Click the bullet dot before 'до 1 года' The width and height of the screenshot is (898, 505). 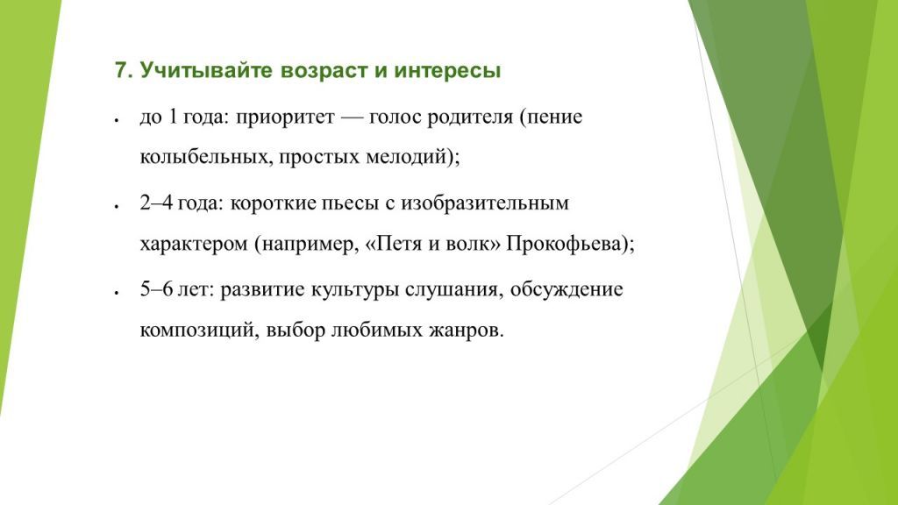(117, 119)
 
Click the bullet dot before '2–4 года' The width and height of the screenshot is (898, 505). (117, 206)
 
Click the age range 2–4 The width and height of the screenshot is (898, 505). (156, 203)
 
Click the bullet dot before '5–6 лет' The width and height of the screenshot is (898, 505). (117, 293)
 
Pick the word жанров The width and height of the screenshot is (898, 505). (473, 331)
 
